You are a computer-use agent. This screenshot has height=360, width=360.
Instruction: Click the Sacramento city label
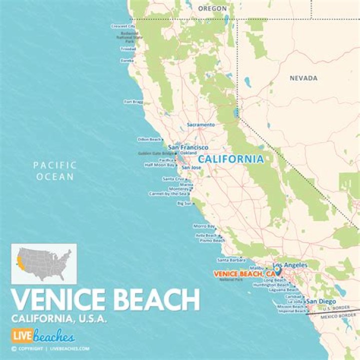[200, 124]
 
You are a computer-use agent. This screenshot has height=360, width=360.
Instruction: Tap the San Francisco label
[188, 147]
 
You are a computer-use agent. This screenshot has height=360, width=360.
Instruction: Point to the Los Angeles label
[290, 265]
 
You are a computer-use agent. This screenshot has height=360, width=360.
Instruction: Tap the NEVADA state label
[303, 78]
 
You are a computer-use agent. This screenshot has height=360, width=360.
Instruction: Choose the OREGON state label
[212, 8]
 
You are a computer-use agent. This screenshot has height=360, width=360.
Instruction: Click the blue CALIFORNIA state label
[230, 159]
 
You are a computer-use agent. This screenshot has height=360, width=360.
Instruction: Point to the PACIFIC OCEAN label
[54, 170]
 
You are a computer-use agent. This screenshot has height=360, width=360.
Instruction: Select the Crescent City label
[123, 26]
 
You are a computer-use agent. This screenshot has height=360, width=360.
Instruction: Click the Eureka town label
[127, 60]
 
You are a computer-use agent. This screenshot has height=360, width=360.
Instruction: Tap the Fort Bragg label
[133, 101]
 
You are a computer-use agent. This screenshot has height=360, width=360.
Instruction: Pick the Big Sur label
[184, 203]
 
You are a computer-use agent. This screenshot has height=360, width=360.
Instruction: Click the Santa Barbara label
[230, 260]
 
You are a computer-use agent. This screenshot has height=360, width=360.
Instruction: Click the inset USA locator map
[44, 263]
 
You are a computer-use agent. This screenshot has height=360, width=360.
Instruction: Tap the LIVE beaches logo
[42, 335]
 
